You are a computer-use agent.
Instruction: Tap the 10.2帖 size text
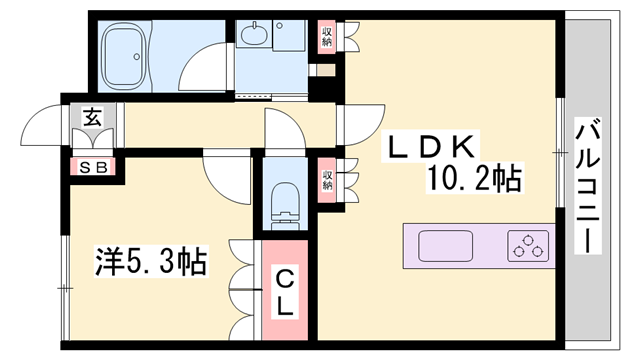pyautogui.click(x=475, y=181)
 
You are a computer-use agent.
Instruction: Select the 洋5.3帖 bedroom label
pyautogui.click(x=150, y=263)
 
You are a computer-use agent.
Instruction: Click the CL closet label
pyautogui.click(x=284, y=290)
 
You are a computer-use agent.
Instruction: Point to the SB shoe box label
pyautogui.click(x=91, y=165)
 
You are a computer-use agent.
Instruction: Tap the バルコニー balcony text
pyautogui.click(x=589, y=186)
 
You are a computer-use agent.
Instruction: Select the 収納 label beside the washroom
pyautogui.click(x=326, y=36)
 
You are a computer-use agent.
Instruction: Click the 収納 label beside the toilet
pyautogui.click(x=326, y=180)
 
